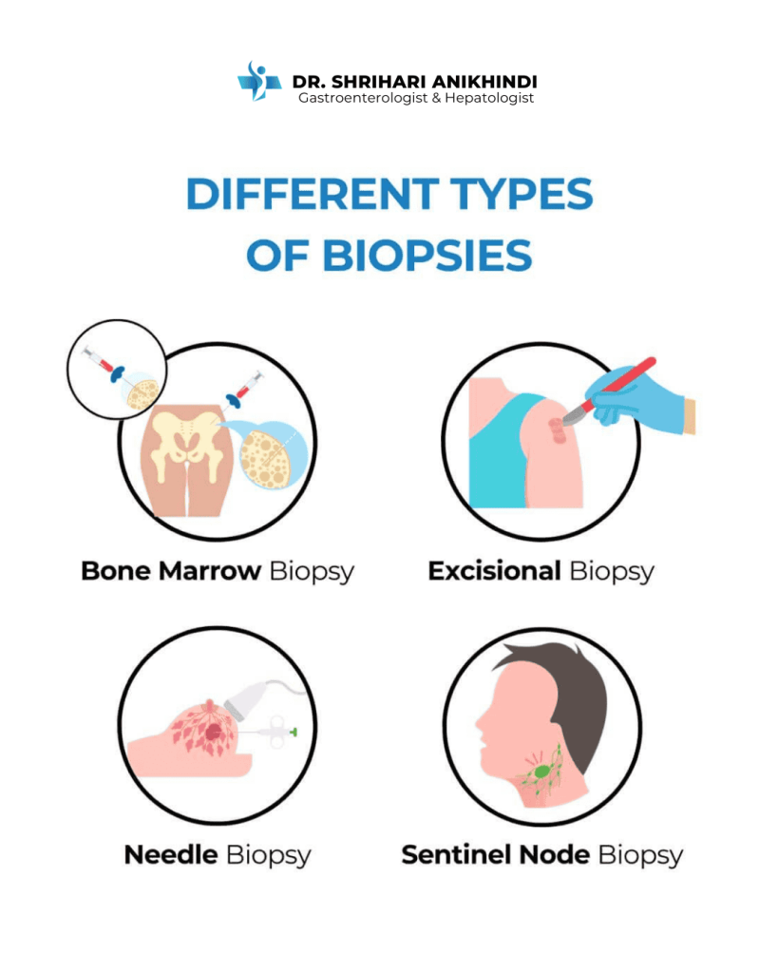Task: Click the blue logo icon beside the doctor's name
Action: point(259,82)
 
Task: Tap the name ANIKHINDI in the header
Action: point(484,82)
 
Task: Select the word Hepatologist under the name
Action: point(489,98)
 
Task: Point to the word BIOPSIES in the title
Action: point(427,256)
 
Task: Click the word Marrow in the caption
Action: point(210,571)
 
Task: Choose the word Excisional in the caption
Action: point(495,571)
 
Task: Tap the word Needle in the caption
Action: point(171,854)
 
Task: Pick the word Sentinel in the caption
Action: point(457,854)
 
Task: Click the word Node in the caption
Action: point(555,854)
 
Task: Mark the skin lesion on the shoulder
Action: point(557,430)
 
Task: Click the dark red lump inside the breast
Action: point(214,733)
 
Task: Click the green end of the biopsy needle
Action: point(294,733)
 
